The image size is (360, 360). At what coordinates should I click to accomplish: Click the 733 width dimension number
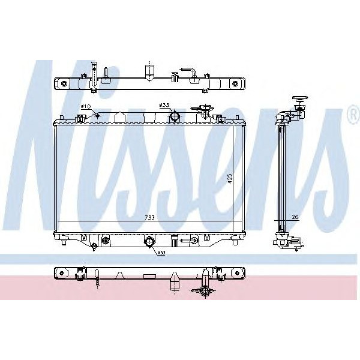tap(148, 217)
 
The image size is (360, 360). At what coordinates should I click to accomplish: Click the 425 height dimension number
tap(229, 179)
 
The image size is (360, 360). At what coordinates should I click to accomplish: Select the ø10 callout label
tap(85, 107)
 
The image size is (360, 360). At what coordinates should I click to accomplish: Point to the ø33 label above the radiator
tap(164, 106)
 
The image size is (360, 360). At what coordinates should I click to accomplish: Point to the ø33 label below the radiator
tap(161, 252)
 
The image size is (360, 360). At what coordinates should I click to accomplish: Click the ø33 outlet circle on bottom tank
tap(148, 242)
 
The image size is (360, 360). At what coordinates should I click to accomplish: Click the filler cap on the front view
tap(206, 110)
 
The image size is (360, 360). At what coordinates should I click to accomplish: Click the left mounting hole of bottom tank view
tap(61, 273)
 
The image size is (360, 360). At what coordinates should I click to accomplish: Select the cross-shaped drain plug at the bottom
tap(206, 291)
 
